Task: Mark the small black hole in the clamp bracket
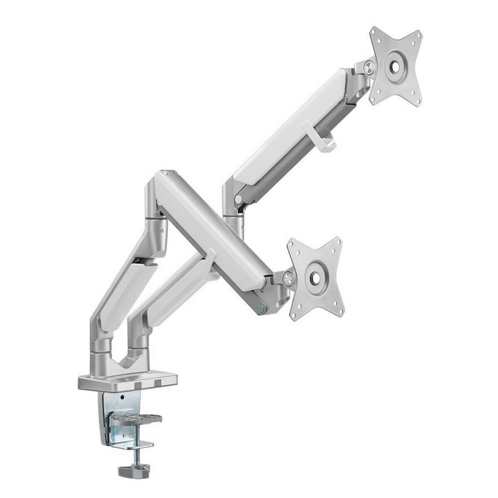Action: [123, 398]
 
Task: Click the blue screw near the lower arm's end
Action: [261, 308]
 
